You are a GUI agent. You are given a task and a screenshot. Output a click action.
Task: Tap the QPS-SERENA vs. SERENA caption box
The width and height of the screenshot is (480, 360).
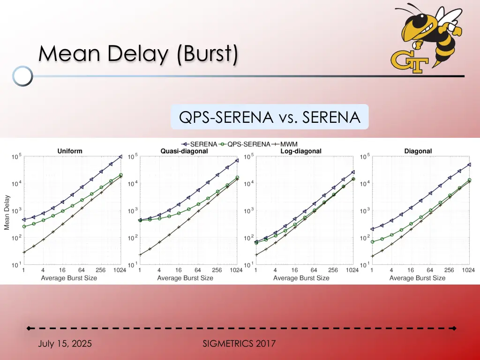(270, 117)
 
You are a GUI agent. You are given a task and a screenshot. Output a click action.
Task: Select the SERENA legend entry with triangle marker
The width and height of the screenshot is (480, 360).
(199, 144)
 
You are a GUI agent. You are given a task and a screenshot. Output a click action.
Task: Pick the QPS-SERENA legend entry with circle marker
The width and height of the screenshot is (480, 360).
(245, 144)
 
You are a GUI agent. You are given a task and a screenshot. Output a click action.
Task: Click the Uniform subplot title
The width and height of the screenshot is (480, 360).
(70, 151)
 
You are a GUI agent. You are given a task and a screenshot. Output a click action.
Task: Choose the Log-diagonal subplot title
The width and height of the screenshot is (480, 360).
(301, 151)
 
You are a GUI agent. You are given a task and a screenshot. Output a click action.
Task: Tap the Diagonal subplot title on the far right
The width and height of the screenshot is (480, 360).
(418, 151)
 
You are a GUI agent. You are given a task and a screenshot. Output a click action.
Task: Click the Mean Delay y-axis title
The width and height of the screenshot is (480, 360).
(7, 212)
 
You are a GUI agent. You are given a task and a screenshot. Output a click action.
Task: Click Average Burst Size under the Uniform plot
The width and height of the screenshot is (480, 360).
(69, 278)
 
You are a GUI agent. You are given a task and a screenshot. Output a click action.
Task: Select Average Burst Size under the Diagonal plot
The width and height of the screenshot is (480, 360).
(417, 278)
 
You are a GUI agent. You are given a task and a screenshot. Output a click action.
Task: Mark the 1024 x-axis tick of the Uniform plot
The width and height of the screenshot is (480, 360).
(120, 270)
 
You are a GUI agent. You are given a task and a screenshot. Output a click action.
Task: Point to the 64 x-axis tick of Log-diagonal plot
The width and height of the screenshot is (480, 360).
(314, 270)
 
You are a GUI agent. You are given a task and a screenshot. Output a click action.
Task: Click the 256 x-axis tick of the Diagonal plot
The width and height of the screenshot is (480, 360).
(450, 270)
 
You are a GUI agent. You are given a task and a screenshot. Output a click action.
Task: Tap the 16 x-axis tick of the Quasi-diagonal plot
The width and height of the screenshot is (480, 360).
(179, 270)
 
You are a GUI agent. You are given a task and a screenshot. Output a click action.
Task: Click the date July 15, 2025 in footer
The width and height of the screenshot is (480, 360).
(65, 344)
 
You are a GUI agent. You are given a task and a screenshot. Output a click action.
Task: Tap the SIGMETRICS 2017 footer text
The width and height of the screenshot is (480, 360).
(239, 344)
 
